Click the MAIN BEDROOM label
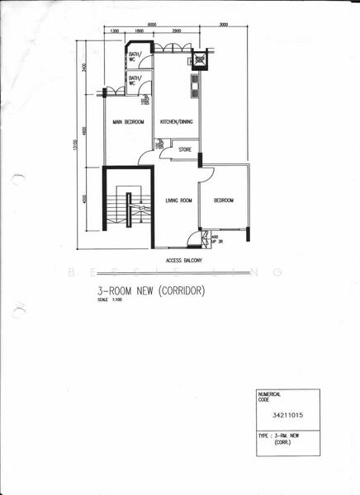pyautogui.click(x=129, y=122)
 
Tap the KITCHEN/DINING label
pyautogui.click(x=176, y=122)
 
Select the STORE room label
pyautogui.click(x=185, y=150)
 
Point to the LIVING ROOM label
pyautogui.click(x=178, y=200)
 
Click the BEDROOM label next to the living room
pyautogui.click(x=224, y=200)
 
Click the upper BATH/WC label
pyautogui.click(x=135, y=57)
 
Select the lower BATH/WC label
pyautogui.click(x=135, y=80)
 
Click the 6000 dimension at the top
pyautogui.click(x=154, y=25)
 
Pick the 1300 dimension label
pyautogui.click(x=114, y=32)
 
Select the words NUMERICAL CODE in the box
pyautogui.click(x=271, y=398)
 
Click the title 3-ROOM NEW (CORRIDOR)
pyautogui.click(x=149, y=291)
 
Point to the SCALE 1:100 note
pyautogui.click(x=111, y=300)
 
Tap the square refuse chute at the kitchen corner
pyautogui.click(x=199, y=61)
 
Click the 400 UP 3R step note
pyautogui.click(x=216, y=240)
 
